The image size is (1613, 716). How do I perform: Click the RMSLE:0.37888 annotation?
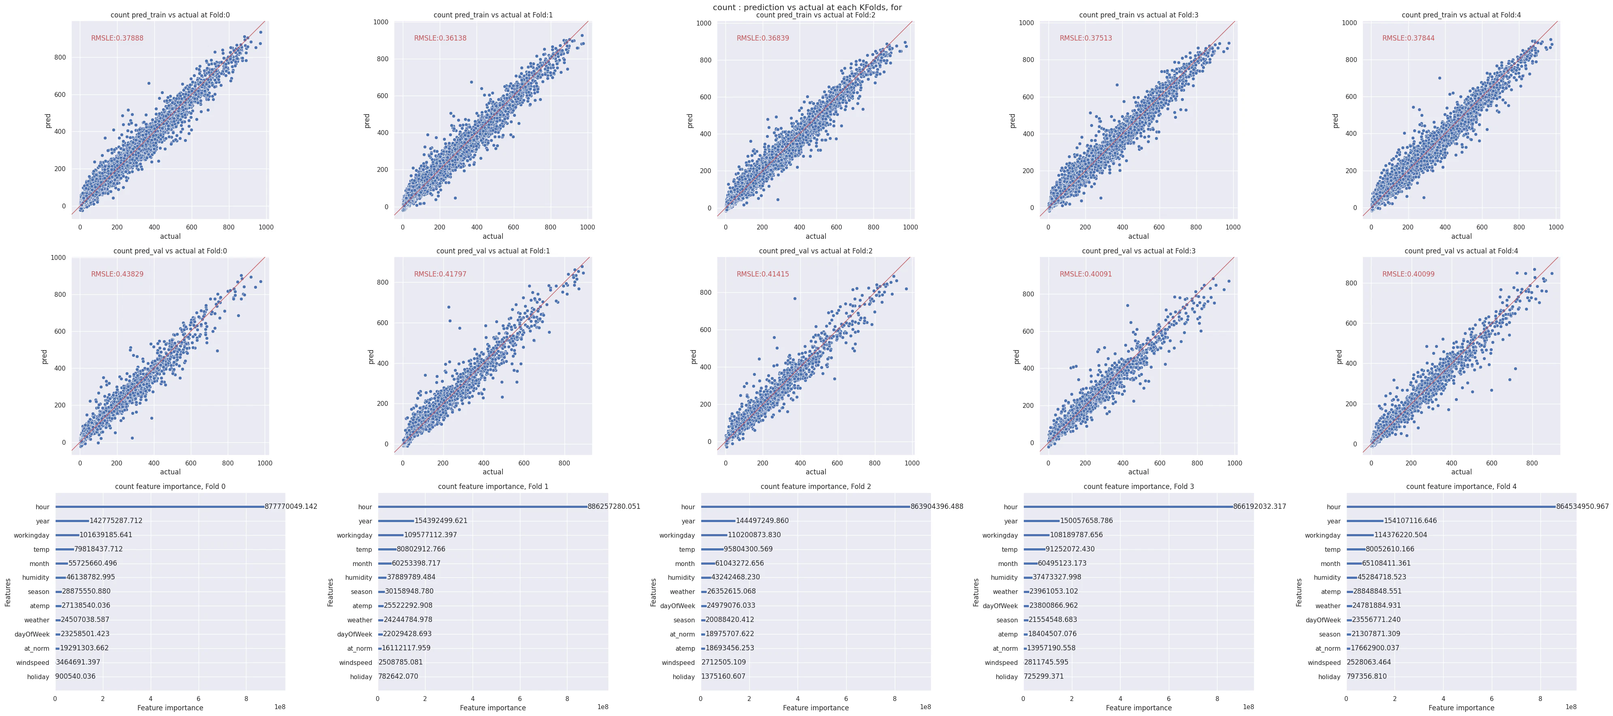[117, 38]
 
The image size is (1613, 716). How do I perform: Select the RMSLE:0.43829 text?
[117, 274]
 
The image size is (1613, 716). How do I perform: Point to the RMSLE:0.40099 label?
[1408, 274]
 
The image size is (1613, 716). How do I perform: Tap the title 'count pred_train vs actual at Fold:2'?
[815, 15]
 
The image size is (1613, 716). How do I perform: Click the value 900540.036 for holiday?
[75, 677]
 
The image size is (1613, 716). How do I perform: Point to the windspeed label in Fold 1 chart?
[356, 663]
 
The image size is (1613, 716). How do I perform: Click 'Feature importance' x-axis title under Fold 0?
[170, 708]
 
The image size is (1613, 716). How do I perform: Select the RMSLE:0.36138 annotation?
[440, 38]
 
